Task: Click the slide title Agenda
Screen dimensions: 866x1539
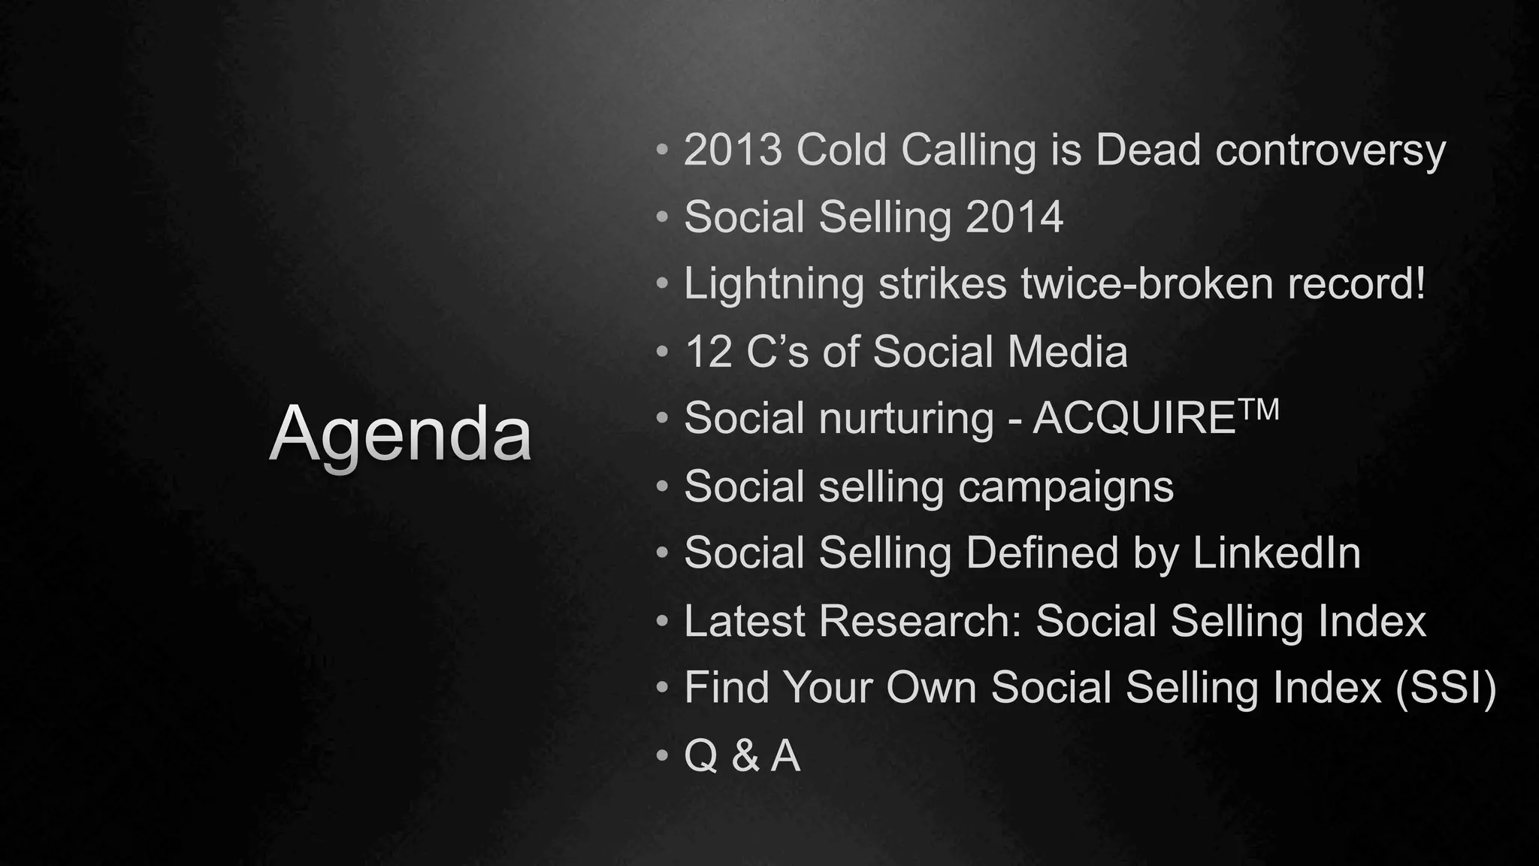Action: click(401, 435)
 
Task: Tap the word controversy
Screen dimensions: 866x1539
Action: click(1330, 151)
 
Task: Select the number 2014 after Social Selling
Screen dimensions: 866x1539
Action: click(1014, 217)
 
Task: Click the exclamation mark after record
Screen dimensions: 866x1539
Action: click(1418, 283)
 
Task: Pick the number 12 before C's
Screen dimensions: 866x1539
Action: click(708, 352)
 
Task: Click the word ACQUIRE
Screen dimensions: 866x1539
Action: click(1134, 419)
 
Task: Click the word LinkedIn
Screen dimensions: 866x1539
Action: click(1276, 553)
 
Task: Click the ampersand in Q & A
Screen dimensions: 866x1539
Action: click(745, 755)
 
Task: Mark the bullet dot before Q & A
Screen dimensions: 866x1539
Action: click(661, 755)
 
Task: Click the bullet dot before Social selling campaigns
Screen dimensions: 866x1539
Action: click(661, 487)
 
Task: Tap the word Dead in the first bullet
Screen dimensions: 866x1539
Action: click(1147, 150)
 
